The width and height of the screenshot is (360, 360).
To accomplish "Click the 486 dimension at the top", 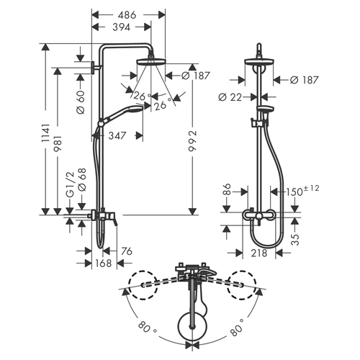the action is pyautogui.click(x=127, y=15).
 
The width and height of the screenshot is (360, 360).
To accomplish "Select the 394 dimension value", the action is pyautogui.click(x=122, y=27).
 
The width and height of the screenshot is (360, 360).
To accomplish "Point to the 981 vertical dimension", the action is pyautogui.click(x=58, y=143).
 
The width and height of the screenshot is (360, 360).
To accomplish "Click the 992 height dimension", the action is pyautogui.click(x=192, y=141).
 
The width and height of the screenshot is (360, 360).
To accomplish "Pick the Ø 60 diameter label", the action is pyautogui.click(x=81, y=102).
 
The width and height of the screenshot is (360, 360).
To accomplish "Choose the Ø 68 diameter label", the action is pyautogui.click(x=82, y=180).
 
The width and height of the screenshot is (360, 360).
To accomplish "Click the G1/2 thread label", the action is pyautogui.click(x=70, y=185).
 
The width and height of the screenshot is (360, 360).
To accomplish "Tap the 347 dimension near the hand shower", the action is pyautogui.click(x=117, y=136).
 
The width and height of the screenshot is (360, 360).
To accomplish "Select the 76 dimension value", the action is pyautogui.click(x=127, y=251).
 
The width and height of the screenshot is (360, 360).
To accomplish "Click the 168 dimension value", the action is pyautogui.click(x=103, y=263).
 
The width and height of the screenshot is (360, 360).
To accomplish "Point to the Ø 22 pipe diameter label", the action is pyautogui.click(x=230, y=97).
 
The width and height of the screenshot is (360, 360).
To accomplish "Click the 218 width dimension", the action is pyautogui.click(x=259, y=253).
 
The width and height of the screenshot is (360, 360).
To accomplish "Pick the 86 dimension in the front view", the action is pyautogui.click(x=227, y=189).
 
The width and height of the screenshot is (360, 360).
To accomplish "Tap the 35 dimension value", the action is pyautogui.click(x=295, y=240).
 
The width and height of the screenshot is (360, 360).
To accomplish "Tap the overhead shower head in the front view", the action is pyautogui.click(x=259, y=62).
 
